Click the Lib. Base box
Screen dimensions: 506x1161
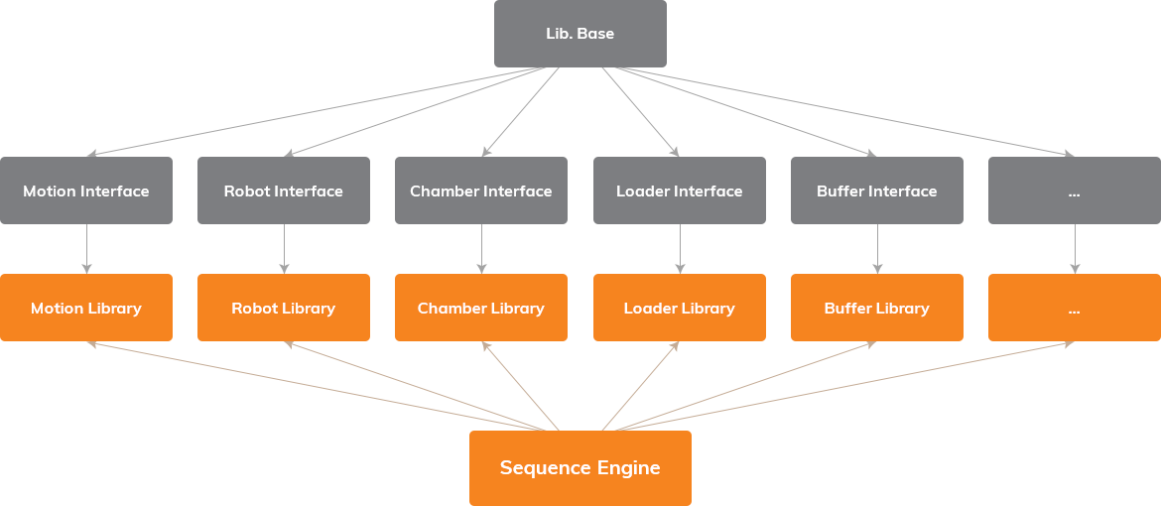tap(580, 34)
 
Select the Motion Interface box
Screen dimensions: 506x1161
tap(86, 190)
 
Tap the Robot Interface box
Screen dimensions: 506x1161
tap(284, 190)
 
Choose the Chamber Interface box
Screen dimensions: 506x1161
tap(481, 190)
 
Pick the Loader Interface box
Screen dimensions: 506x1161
tap(680, 190)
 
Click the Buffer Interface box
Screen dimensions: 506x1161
tap(877, 190)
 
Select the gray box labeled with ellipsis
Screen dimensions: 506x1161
tap(1075, 190)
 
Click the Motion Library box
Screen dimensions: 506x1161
tap(86, 308)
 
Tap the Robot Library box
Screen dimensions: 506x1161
tap(284, 308)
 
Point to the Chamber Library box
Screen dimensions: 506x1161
tap(481, 308)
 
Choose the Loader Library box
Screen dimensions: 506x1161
tap(680, 308)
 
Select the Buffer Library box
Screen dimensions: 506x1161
tap(877, 308)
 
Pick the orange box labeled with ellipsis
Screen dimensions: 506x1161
tap(1075, 308)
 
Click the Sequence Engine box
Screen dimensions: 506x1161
tap(580, 468)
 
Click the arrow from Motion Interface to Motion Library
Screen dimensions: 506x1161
tap(86, 248)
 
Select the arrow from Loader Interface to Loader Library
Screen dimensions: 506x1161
tap(680, 248)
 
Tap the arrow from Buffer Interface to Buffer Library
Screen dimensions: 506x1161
tap(877, 248)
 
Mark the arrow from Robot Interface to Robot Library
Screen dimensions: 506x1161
tap(284, 248)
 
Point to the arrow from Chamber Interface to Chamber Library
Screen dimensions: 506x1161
tap(481, 248)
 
